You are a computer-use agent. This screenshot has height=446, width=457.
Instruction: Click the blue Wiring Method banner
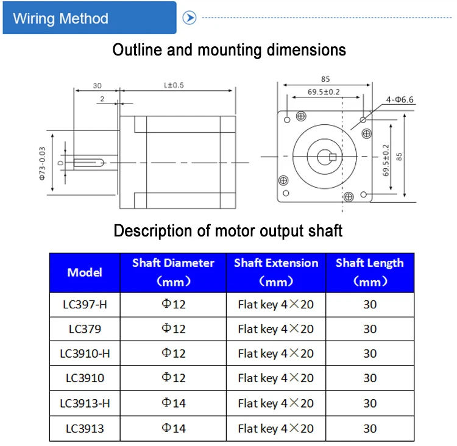tap(90, 18)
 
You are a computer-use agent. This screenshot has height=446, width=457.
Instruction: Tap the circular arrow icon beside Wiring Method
tap(190, 18)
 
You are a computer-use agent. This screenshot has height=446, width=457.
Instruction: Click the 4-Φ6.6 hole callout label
tap(400, 100)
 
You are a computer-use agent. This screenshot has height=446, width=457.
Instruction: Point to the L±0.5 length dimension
tap(174, 85)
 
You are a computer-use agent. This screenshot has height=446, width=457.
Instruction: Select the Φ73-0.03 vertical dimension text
tap(42, 163)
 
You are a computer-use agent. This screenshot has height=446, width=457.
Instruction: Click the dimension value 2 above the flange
tap(102, 99)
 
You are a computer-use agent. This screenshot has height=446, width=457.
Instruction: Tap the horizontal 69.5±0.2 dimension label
tap(324, 92)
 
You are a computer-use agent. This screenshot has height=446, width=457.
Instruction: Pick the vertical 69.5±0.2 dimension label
tap(386, 160)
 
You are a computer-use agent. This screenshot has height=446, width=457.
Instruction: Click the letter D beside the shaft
tap(60, 163)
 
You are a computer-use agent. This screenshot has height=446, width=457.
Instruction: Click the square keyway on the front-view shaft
tap(333, 157)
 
